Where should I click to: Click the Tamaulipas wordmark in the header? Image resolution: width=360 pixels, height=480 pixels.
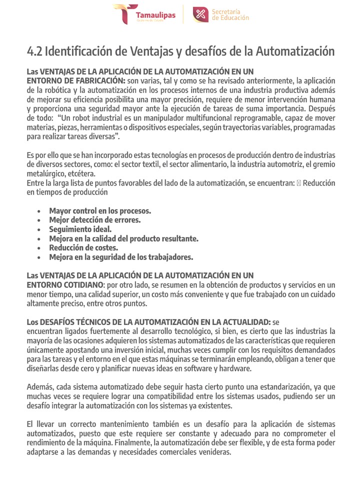[x=155, y=15]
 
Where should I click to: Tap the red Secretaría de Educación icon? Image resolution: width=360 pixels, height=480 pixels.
[x=200, y=15]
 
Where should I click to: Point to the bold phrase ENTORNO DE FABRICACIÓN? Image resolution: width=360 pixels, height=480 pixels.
[x=75, y=80]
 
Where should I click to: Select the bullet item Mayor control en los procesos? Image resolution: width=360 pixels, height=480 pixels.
[x=100, y=210]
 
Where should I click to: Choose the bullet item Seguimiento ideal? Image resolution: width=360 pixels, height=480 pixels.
[x=80, y=229]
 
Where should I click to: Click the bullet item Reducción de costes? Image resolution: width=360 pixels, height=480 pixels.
[x=83, y=247]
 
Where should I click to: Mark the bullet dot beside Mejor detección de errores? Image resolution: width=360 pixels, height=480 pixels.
[x=39, y=220]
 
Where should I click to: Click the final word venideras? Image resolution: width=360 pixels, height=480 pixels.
[x=212, y=452]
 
